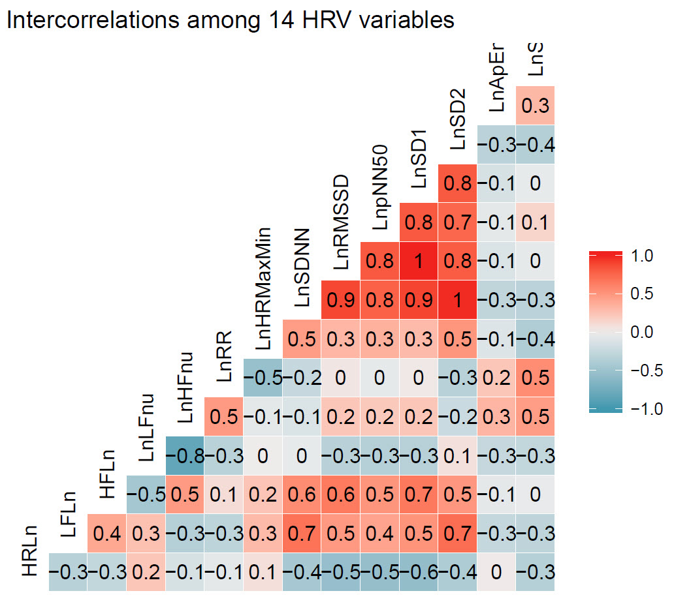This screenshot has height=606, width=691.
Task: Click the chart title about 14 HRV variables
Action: tap(230, 20)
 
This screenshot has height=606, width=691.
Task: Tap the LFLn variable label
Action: tap(68, 515)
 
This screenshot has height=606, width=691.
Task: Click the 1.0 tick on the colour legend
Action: tap(643, 256)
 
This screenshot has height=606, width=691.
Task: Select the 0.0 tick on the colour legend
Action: tap(643, 333)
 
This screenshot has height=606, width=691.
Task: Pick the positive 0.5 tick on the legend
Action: tap(643, 294)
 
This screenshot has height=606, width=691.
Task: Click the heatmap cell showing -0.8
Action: tap(185, 456)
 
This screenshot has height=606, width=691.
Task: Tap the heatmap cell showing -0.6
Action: tap(419, 573)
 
